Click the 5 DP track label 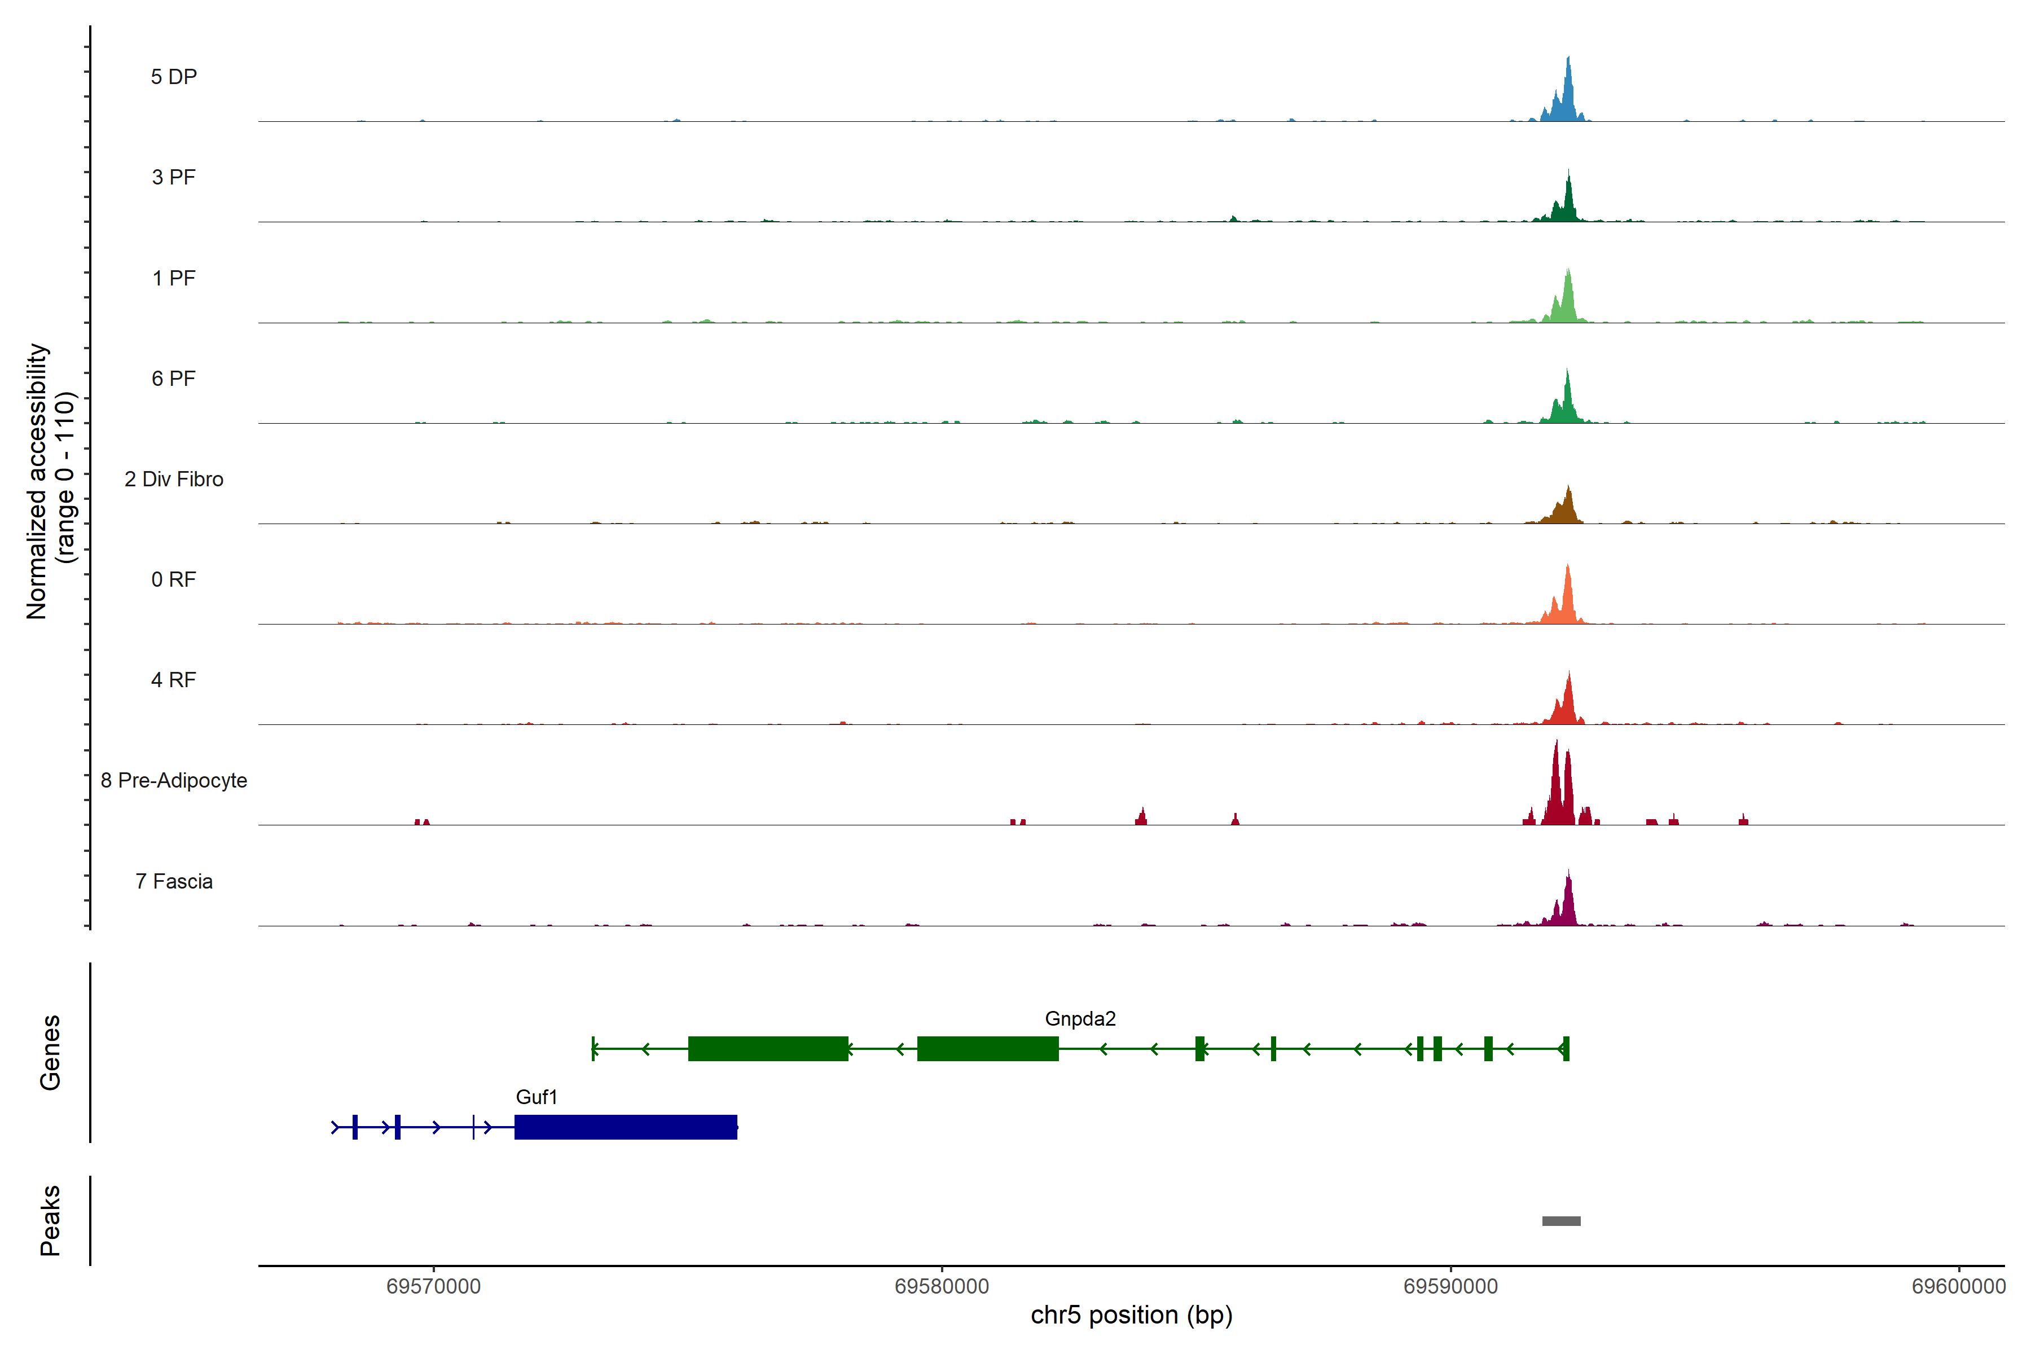tap(174, 77)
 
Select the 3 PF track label tap(174, 177)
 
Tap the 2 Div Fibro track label tap(174, 479)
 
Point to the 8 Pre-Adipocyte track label tap(174, 781)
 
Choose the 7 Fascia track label tap(174, 882)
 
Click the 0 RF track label tap(174, 579)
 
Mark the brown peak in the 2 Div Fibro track tap(1567, 509)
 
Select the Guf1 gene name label tap(537, 1097)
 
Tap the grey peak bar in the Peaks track tap(1561, 1221)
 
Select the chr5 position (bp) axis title tap(1131, 1315)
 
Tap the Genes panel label tap(50, 1053)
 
